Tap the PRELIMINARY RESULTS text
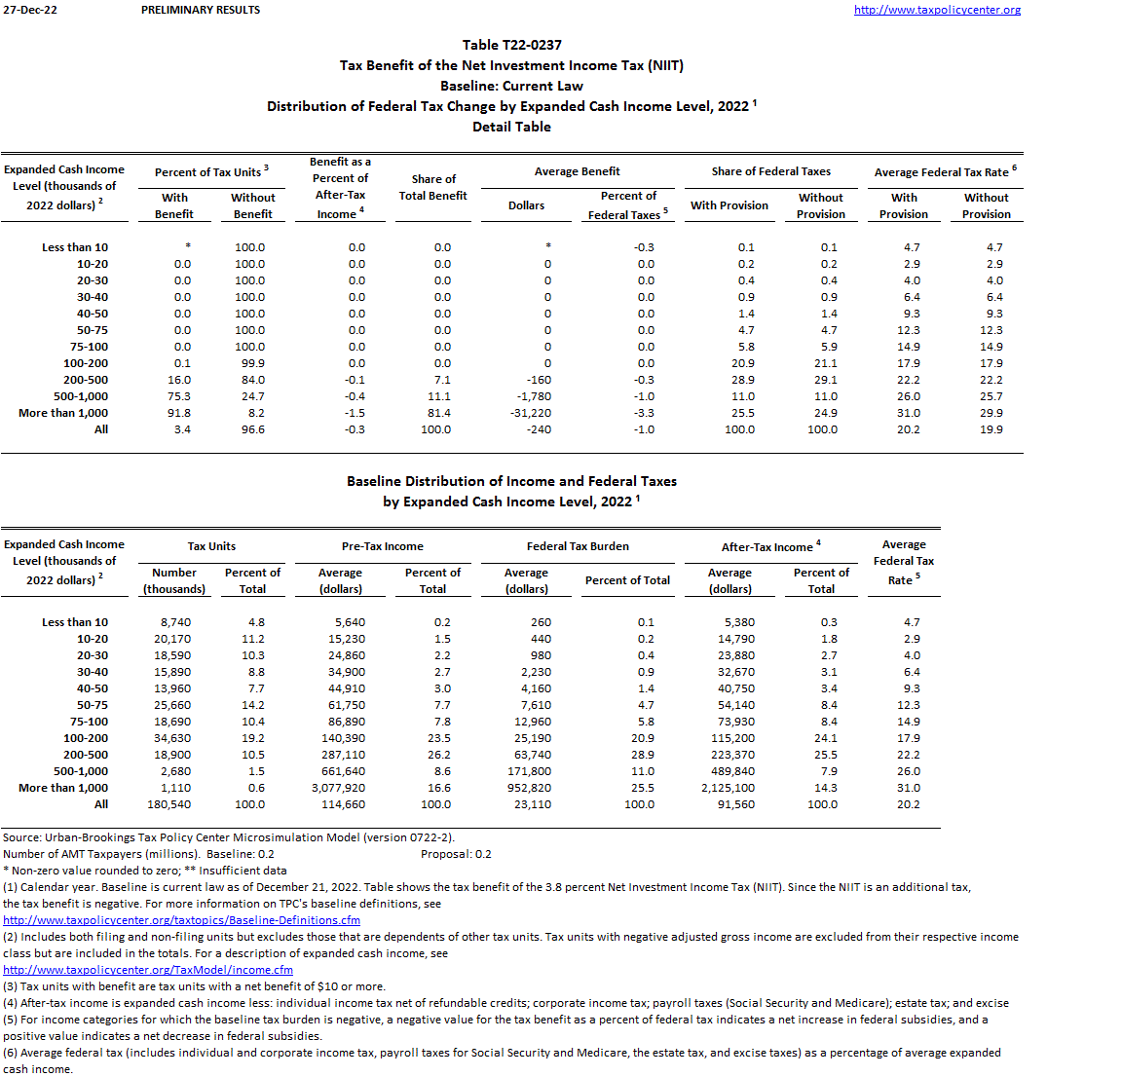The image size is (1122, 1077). [x=201, y=10]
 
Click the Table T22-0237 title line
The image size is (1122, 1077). [x=511, y=45]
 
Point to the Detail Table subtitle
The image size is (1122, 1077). [x=511, y=127]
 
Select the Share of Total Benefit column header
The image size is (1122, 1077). [x=433, y=187]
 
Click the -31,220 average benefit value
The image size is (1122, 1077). [x=531, y=413]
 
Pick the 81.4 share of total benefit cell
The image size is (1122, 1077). [x=439, y=413]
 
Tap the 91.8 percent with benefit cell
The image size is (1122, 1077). [x=179, y=413]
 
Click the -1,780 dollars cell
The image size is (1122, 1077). [x=534, y=396]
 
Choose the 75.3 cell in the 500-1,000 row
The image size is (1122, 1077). [x=179, y=396]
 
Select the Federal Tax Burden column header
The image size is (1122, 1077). [x=578, y=546]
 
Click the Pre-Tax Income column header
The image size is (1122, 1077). [x=382, y=546]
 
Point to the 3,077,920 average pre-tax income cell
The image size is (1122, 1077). [x=339, y=788]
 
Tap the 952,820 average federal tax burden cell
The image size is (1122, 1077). [x=529, y=788]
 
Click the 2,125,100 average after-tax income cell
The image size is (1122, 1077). [x=728, y=788]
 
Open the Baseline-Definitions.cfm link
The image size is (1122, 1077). [x=181, y=920]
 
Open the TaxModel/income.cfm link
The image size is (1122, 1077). [x=148, y=970]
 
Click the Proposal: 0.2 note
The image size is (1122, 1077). [x=456, y=854]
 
